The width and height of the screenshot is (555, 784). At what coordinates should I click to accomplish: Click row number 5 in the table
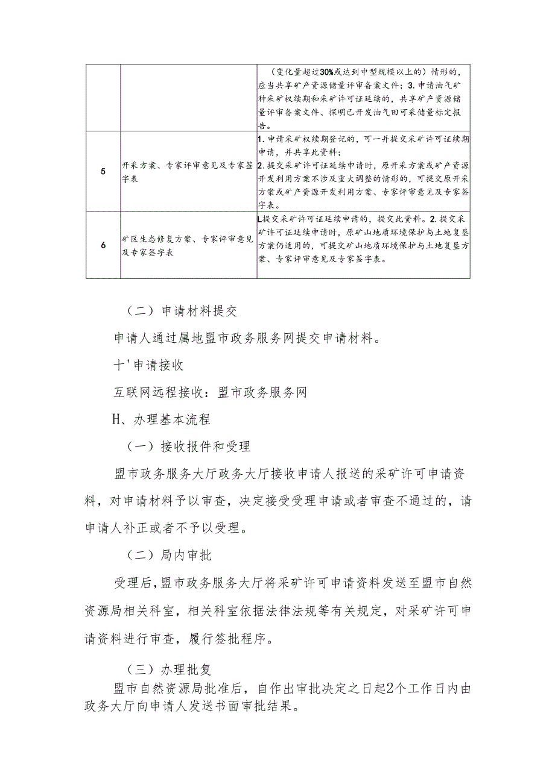[x=103, y=171]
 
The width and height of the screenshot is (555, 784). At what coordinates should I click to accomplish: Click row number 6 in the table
[x=103, y=245]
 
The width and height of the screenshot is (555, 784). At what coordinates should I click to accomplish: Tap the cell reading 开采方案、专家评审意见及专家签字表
[x=188, y=171]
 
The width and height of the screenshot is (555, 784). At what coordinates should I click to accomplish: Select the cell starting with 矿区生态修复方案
[x=188, y=245]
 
